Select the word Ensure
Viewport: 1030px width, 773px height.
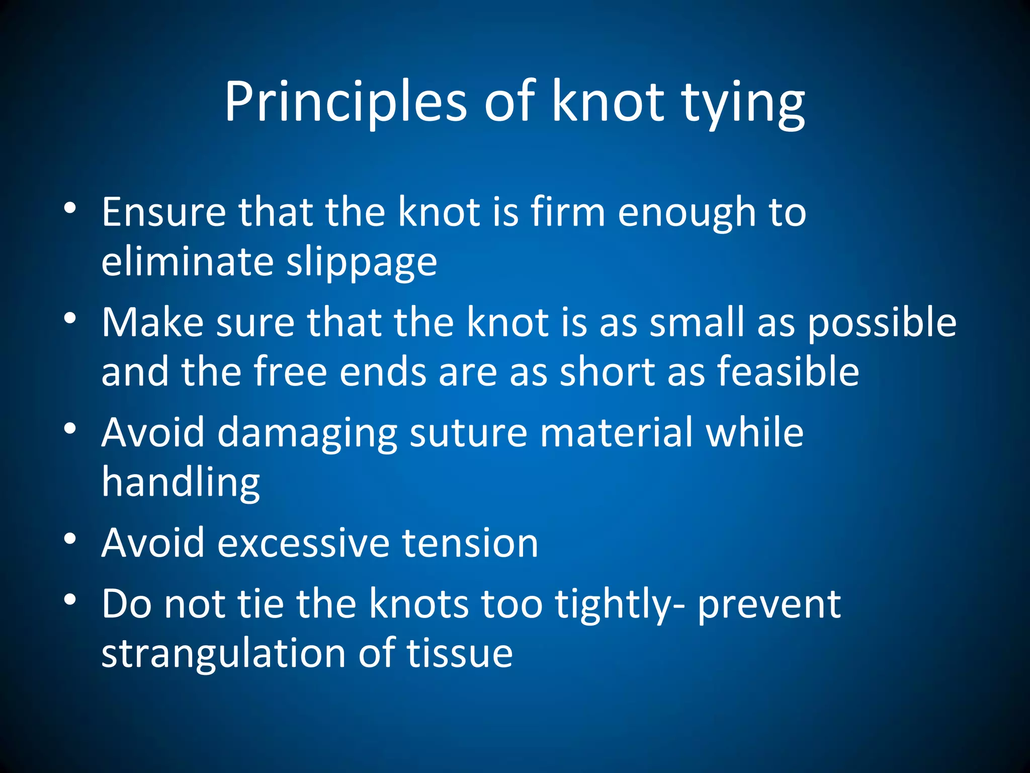tap(164, 212)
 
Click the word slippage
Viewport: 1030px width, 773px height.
tap(362, 264)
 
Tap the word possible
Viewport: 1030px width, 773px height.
tap(882, 324)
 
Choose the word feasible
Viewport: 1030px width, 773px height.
tap(788, 372)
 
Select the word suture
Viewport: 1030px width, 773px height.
tap(468, 433)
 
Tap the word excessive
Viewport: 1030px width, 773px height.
tap(303, 543)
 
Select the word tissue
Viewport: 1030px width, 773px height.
tap(460, 653)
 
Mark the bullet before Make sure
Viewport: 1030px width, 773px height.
tap(70, 318)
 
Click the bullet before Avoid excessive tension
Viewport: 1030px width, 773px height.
tap(70, 538)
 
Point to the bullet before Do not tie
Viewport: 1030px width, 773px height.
tap(70, 599)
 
